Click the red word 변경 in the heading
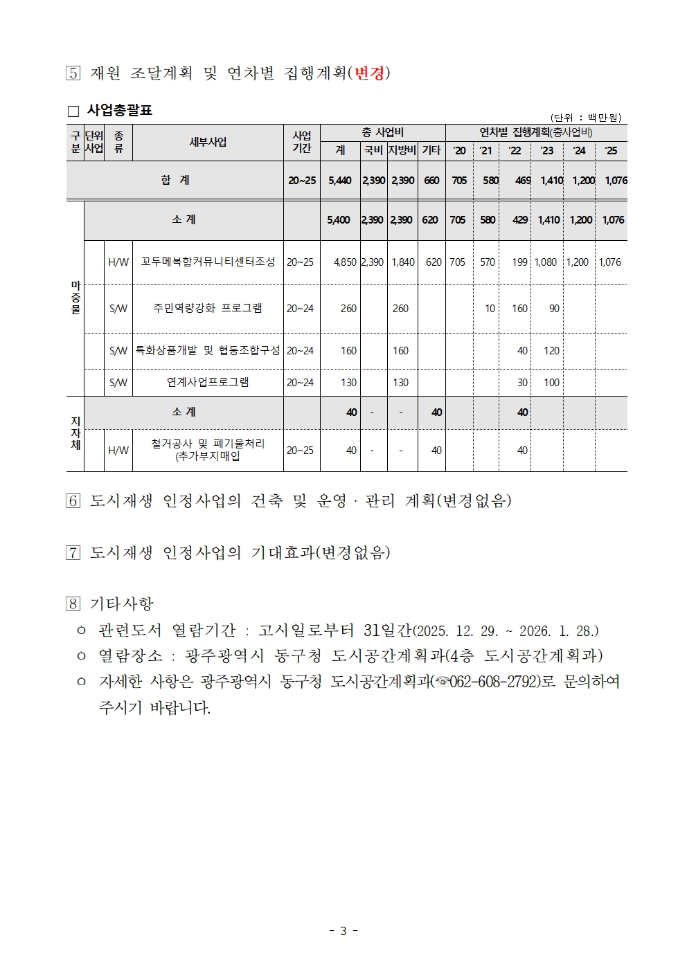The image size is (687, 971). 369,73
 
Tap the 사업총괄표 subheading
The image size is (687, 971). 119,110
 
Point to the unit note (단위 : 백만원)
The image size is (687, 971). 586,118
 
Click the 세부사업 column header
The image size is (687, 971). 208,142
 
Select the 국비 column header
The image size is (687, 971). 373,150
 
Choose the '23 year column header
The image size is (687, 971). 547,150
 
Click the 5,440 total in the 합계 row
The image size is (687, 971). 339,180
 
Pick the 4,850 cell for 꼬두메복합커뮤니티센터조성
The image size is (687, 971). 345,262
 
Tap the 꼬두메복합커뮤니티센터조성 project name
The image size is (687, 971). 208,262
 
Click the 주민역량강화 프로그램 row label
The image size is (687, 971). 208,308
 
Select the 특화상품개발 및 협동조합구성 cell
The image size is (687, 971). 208,350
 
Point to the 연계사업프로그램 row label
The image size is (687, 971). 208,382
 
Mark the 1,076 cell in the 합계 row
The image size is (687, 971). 616,180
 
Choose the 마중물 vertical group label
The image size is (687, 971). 75,298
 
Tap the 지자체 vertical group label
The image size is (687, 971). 75,433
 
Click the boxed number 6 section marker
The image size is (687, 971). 73,500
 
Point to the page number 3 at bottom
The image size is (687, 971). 343,931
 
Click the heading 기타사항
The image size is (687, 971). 122,604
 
